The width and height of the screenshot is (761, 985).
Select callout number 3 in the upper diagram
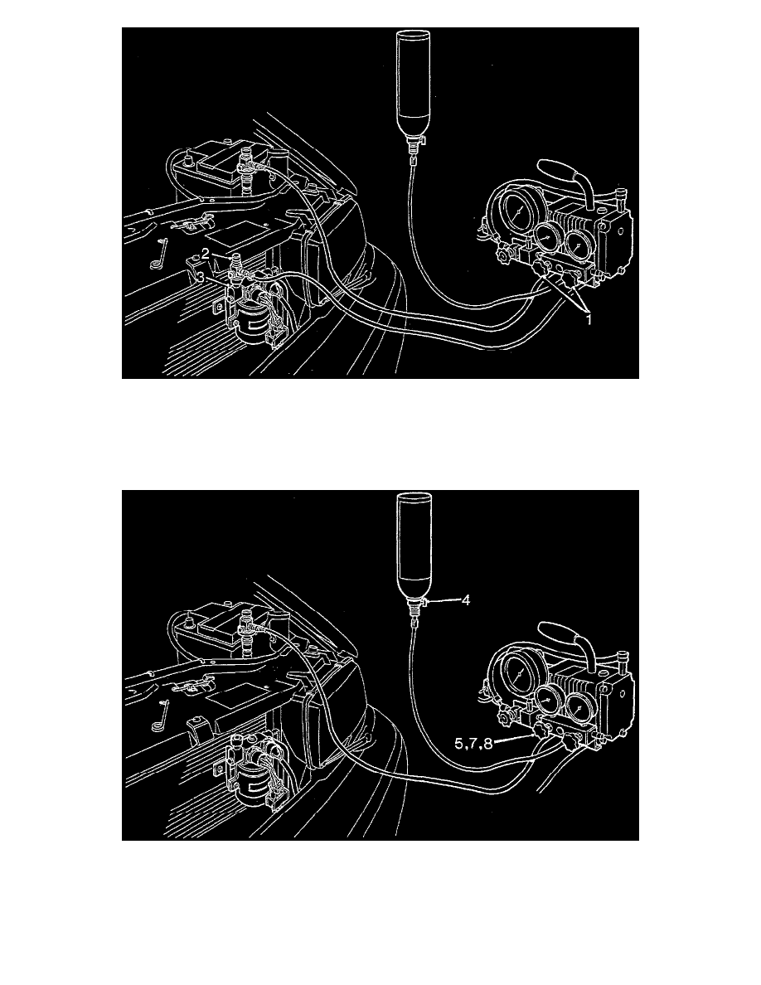click(200, 278)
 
